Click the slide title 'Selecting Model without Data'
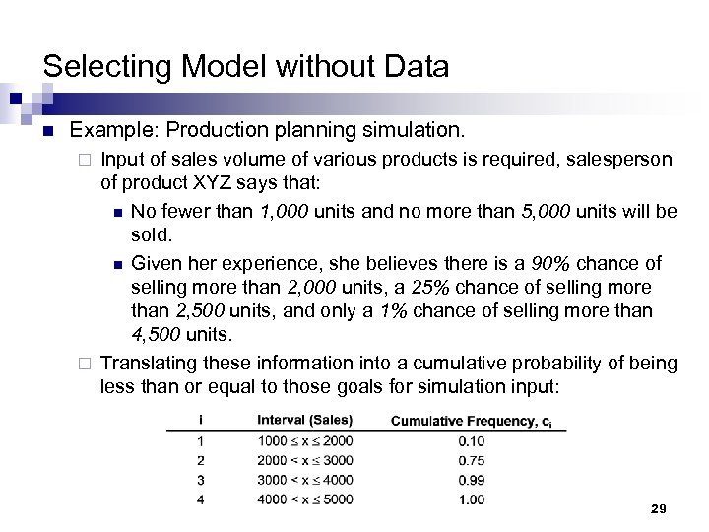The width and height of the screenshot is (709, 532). click(246, 67)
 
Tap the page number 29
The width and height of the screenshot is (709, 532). click(659, 508)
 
